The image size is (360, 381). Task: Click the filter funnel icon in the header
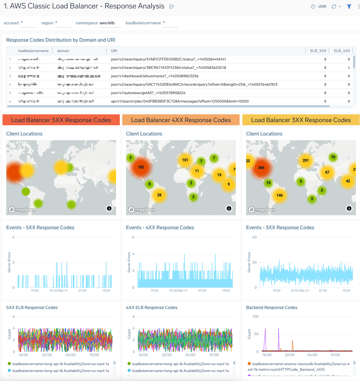click(349, 7)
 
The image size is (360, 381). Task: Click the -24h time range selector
click(319, 7)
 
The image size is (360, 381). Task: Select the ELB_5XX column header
click(318, 51)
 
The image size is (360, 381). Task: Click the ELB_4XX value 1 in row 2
click(349, 68)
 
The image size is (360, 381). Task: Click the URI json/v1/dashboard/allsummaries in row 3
click(155, 76)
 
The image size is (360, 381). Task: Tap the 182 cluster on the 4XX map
click(141, 167)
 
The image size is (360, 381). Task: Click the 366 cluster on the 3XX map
click(261, 168)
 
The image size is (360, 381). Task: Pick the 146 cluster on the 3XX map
click(279, 196)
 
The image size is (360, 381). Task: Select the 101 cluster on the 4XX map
click(185, 160)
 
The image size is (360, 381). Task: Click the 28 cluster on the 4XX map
click(159, 195)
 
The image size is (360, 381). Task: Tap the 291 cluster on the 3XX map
click(306, 161)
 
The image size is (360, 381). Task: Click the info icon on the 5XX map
click(109, 208)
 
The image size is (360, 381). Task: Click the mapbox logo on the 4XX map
click(142, 210)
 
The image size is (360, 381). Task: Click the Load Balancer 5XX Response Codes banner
click(61, 120)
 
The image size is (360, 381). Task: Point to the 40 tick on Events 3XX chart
click(255, 237)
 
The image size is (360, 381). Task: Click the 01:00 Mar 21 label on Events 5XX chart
click(59, 291)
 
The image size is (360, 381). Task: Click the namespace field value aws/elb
click(107, 23)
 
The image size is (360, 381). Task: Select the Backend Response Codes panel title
click(272, 307)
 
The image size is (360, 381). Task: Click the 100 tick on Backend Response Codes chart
click(255, 317)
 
